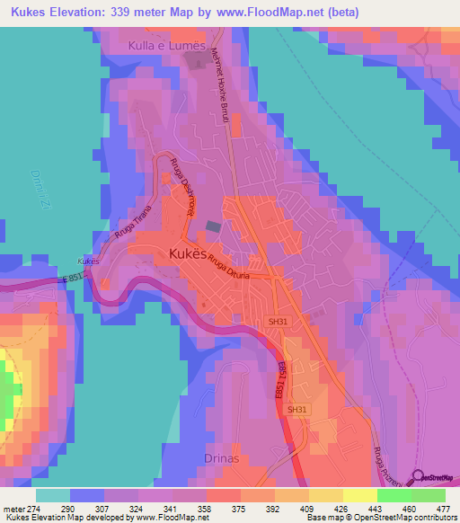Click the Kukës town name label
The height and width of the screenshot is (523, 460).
[x=190, y=254]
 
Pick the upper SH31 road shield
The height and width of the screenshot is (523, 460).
[x=278, y=320]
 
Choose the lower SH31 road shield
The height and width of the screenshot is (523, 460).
[x=296, y=410]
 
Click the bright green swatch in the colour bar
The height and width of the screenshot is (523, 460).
[x=394, y=495]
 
